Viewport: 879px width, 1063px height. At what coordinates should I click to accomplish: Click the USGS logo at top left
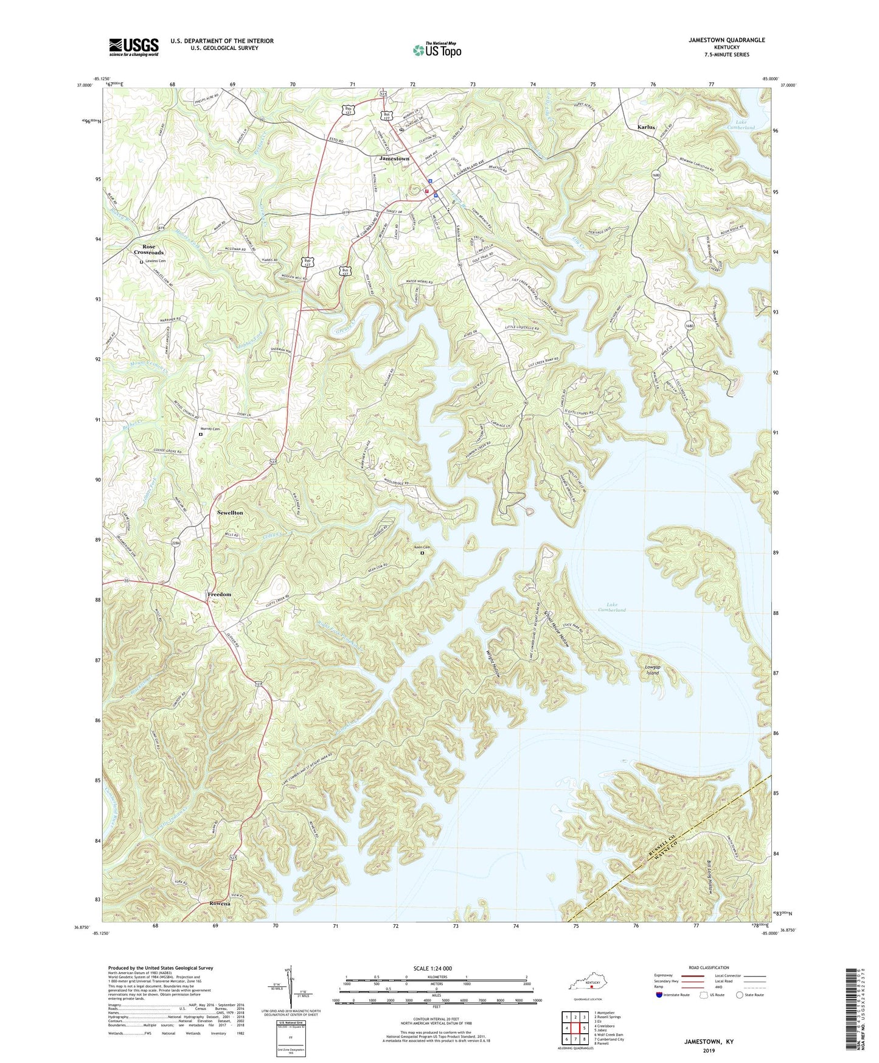133,46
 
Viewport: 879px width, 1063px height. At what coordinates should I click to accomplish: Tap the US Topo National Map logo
436,49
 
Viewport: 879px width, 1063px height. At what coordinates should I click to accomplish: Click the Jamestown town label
394,158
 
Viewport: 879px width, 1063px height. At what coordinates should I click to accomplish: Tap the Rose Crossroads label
149,249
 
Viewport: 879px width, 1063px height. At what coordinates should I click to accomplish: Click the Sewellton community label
230,513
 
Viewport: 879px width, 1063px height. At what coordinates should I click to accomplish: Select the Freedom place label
219,594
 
